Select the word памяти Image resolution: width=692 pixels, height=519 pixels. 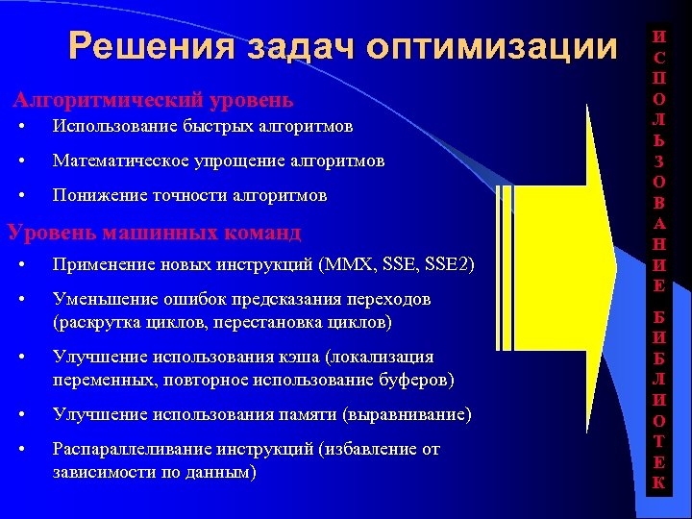[x=317, y=414]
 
